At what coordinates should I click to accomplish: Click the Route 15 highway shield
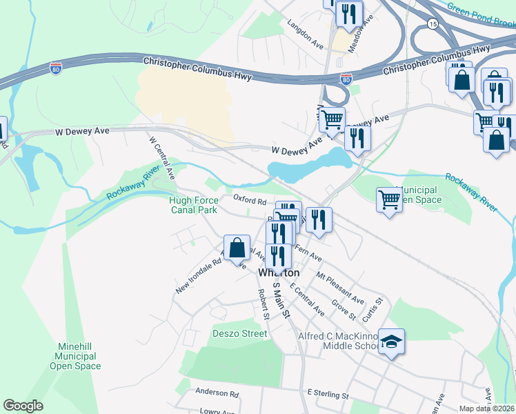click(x=433, y=24)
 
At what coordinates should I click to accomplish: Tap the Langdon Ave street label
click(x=306, y=34)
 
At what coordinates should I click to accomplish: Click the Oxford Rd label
click(x=250, y=200)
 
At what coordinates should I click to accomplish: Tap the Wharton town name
click(x=279, y=273)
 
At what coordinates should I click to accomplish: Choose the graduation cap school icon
click(x=391, y=342)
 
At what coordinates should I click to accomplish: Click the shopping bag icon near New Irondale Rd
click(x=237, y=248)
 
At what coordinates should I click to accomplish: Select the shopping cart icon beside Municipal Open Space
click(x=390, y=200)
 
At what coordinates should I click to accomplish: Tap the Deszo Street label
click(x=239, y=333)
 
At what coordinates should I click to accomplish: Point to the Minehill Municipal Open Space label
click(x=75, y=357)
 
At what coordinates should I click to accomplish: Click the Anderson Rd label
click(x=217, y=393)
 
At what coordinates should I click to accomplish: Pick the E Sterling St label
click(x=328, y=395)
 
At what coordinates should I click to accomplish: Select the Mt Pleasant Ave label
click(x=339, y=288)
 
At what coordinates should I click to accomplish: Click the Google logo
click(x=23, y=406)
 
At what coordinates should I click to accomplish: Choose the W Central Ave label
click(x=161, y=157)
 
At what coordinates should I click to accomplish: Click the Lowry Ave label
click(x=217, y=411)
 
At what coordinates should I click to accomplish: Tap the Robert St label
click(x=263, y=304)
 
